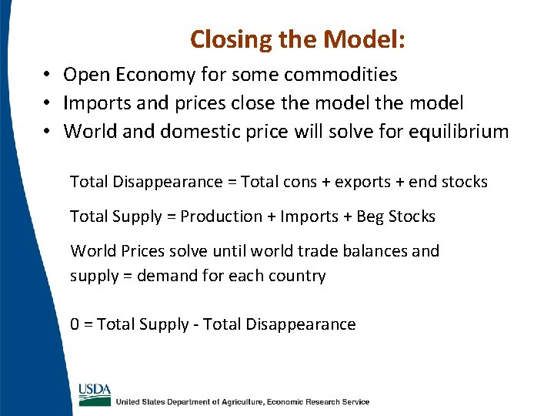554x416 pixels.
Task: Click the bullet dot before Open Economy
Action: point(47,75)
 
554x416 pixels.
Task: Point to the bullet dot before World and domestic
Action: point(47,132)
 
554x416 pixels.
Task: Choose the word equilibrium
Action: point(455,132)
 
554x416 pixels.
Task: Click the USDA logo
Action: point(95,393)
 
